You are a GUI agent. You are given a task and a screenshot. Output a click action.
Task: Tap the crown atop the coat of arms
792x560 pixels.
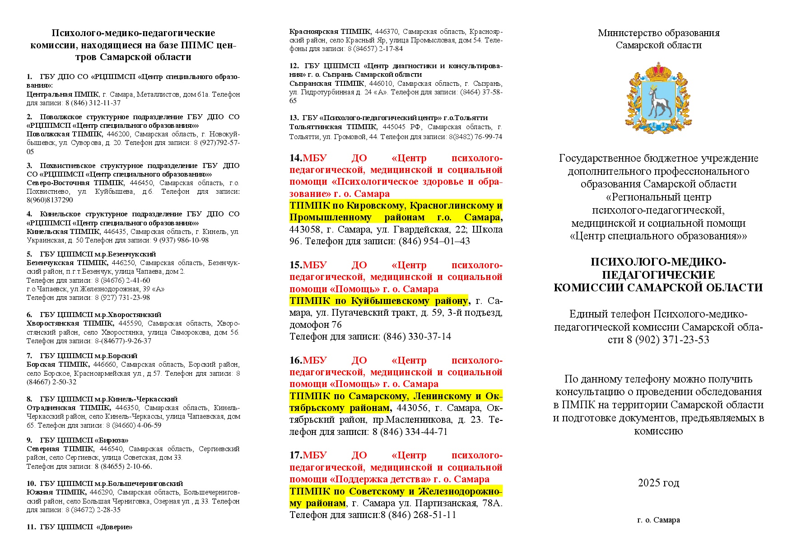tap(658, 72)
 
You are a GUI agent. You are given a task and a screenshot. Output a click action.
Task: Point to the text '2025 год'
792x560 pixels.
tap(658, 483)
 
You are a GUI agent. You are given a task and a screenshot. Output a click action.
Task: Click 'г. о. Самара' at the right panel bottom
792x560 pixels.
tap(658, 520)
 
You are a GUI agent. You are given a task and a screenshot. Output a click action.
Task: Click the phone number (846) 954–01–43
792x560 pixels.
tap(434, 241)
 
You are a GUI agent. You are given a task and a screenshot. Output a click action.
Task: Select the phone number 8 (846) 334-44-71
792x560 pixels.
tap(410, 432)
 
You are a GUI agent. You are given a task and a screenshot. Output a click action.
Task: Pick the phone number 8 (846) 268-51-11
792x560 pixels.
tap(418, 515)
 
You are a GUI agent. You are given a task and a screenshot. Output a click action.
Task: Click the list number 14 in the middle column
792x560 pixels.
tap(296, 158)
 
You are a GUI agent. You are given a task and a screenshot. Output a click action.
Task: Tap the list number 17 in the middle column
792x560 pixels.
tap(296, 455)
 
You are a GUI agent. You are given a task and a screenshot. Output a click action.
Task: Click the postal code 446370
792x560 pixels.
tap(387, 32)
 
